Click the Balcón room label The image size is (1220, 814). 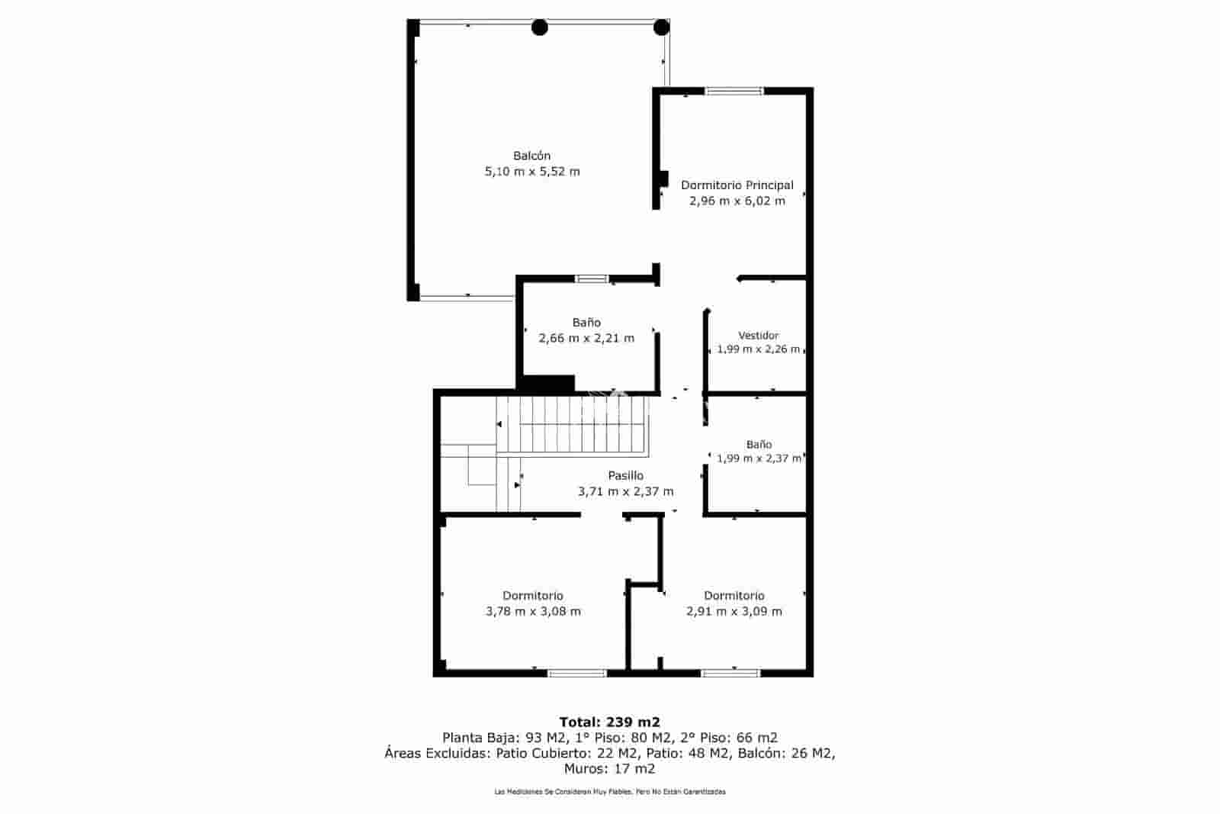[531, 156]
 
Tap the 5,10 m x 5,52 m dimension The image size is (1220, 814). [532, 172]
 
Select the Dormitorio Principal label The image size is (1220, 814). [737, 185]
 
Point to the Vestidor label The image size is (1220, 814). [758, 336]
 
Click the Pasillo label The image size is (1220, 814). [625, 475]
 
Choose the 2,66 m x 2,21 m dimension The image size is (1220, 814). [586, 338]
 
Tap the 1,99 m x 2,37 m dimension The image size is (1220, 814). [759, 458]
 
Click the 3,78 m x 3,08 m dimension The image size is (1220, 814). [532, 611]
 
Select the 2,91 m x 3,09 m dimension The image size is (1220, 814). [734, 611]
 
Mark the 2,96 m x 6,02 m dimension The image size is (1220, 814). [737, 201]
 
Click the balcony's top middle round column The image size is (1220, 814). [539, 28]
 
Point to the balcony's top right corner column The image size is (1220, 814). [661, 28]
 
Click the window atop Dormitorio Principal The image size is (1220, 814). [734, 92]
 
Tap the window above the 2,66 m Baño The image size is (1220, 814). [591, 279]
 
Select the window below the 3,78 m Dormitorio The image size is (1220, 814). [576, 673]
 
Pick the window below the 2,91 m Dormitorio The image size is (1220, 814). [730, 673]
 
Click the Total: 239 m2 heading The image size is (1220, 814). [609, 722]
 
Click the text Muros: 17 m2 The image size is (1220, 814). [609, 769]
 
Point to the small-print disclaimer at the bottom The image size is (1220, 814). [609, 792]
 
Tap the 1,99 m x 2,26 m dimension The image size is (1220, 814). [758, 349]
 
